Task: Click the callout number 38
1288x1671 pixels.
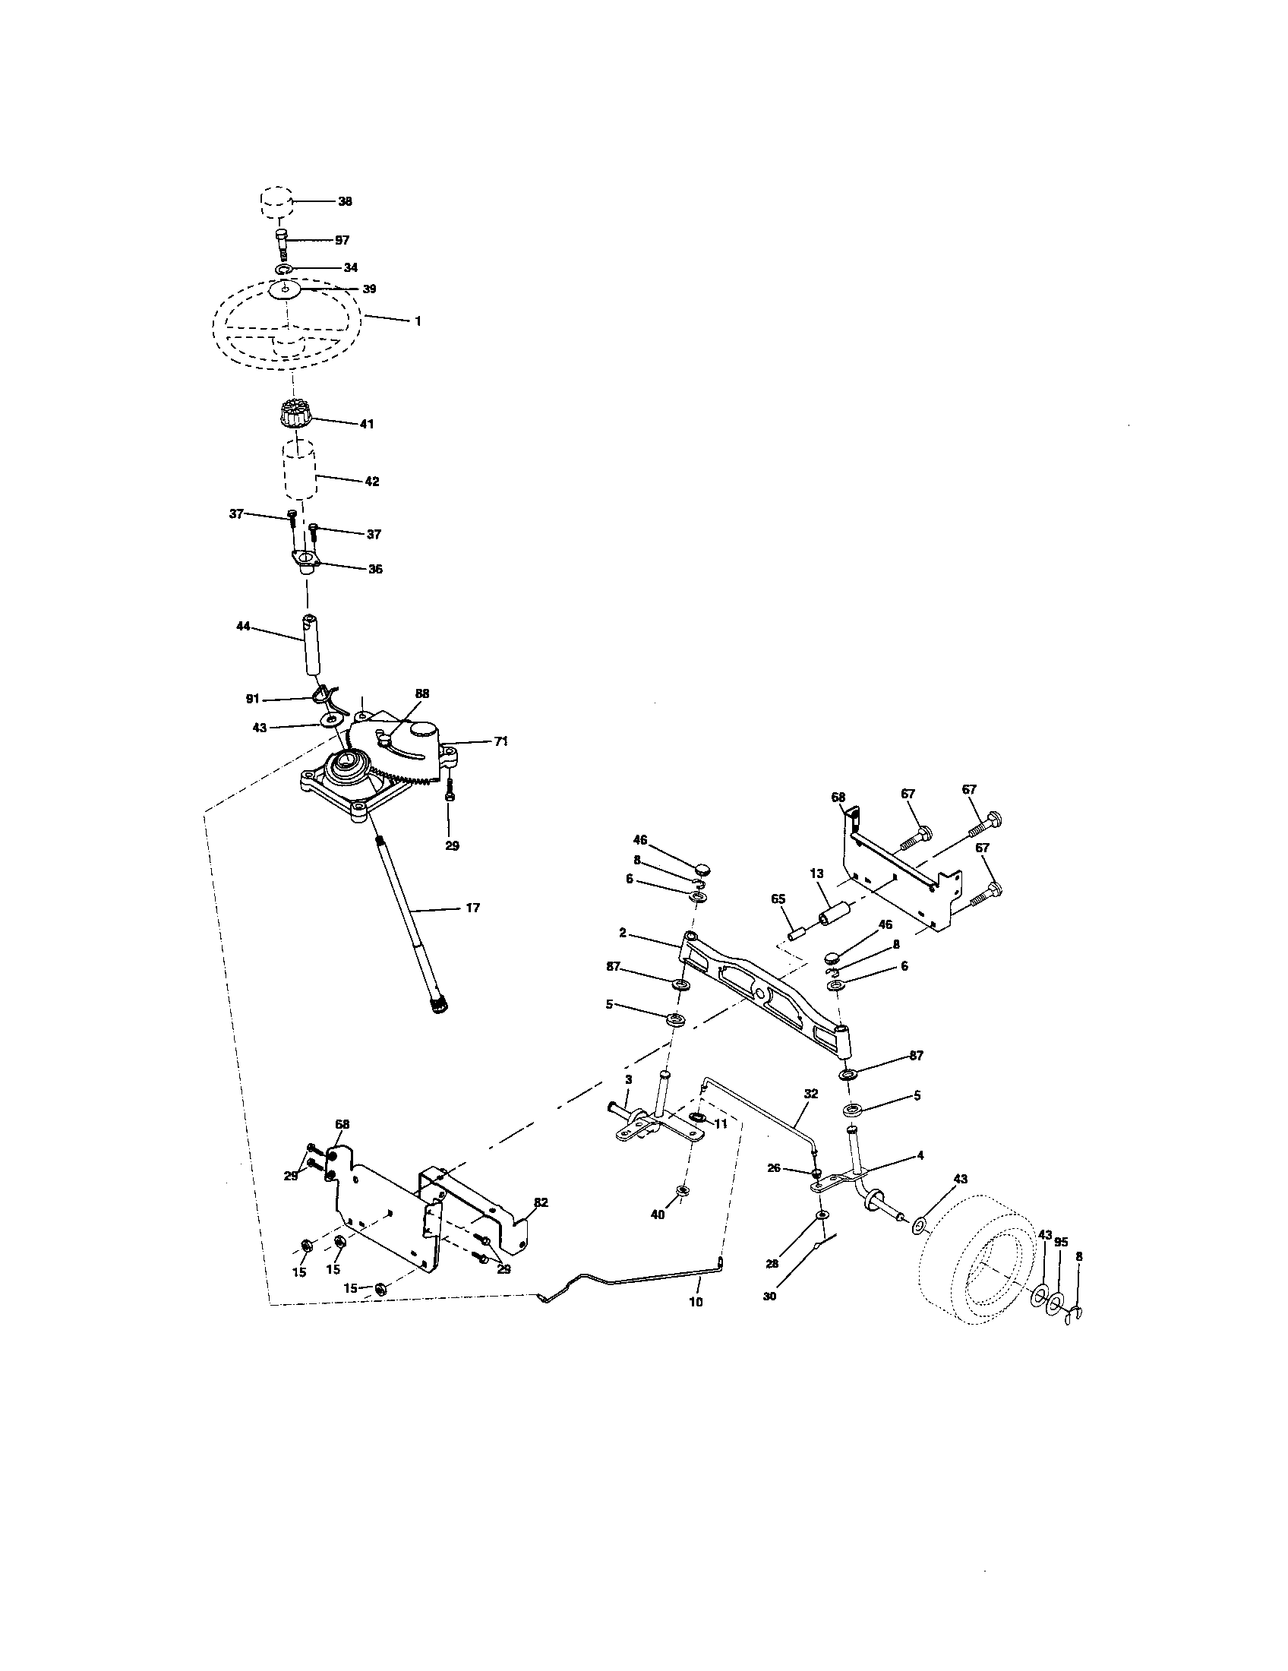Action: (x=345, y=201)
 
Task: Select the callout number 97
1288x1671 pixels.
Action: (x=342, y=240)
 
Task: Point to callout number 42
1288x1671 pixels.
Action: (x=371, y=482)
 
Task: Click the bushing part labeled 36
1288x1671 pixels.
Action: (x=307, y=565)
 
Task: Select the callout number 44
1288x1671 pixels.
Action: (x=243, y=626)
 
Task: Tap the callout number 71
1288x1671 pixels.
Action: (x=500, y=741)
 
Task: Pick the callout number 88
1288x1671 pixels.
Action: (x=422, y=693)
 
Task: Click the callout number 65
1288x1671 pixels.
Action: (x=778, y=899)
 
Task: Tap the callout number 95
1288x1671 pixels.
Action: (x=1060, y=1242)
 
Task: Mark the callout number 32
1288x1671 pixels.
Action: (x=811, y=1094)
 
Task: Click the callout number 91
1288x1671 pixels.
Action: (x=252, y=699)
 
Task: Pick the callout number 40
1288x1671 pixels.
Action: (x=657, y=1214)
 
